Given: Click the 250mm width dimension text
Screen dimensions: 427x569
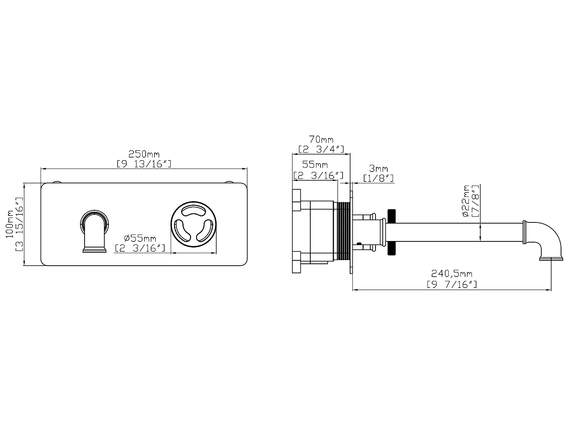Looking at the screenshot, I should pos(144,154).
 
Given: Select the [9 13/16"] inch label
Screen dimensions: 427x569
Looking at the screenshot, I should pos(144,164).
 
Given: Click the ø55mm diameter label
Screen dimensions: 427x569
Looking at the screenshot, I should pos(140,238).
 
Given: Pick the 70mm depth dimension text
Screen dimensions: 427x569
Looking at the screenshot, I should pos(321,139).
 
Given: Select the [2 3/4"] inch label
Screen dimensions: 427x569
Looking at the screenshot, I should pos(321,148).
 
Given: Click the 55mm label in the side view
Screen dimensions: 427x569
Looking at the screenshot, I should pos(315,165).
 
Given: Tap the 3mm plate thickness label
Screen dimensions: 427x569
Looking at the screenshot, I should pos(378,168).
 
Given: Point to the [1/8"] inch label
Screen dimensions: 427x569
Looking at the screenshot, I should pos(378,178).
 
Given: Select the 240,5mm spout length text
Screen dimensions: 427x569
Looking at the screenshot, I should pos(451,274).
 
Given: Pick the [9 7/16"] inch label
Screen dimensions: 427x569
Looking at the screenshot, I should pos(451,284).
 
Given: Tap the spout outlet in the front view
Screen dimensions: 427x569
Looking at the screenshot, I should pos(94,249).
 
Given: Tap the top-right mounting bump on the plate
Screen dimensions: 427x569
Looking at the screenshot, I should pos(229,183).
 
